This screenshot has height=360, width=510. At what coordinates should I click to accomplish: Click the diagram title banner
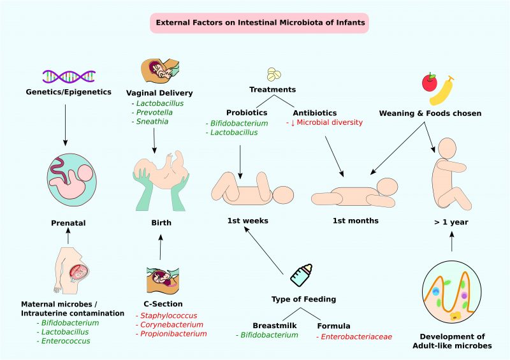click(x=259, y=24)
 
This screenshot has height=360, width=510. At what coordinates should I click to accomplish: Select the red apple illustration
click(x=430, y=83)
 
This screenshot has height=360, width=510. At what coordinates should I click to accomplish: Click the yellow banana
click(x=446, y=90)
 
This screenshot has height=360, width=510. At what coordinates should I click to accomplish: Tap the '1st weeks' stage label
click(x=247, y=220)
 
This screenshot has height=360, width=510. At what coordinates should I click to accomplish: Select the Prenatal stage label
click(x=68, y=223)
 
